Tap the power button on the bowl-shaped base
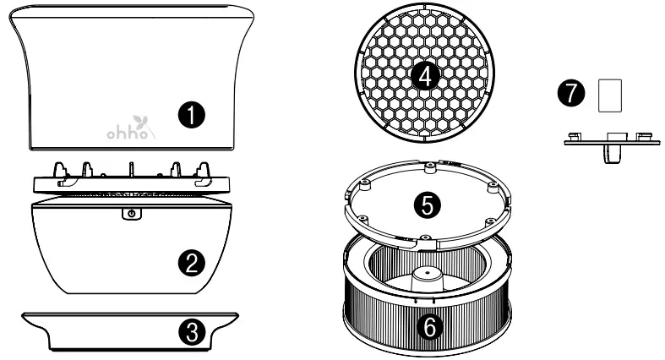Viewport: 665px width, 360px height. [128, 215]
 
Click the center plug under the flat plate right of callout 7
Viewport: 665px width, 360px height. [613, 154]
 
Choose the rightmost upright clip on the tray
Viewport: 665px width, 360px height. [204, 166]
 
